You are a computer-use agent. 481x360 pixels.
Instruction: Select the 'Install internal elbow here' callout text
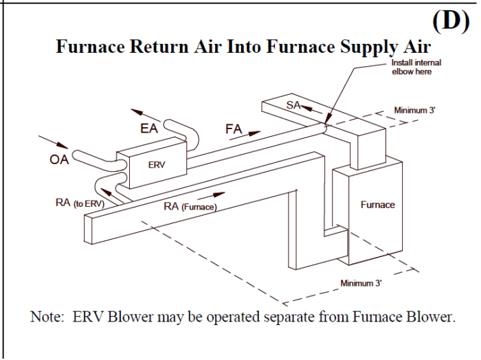coord(415,67)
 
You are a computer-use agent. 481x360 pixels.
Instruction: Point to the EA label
coord(150,128)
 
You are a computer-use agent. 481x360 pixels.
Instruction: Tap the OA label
coord(59,161)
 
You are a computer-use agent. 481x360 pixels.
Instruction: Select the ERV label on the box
coord(156,165)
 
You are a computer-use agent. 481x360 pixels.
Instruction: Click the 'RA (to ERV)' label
coord(80,203)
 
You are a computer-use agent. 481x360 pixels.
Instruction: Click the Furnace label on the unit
coord(377,205)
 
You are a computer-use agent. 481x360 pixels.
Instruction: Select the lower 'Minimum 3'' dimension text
coord(361,282)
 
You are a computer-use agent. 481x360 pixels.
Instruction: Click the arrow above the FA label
coord(245,136)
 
